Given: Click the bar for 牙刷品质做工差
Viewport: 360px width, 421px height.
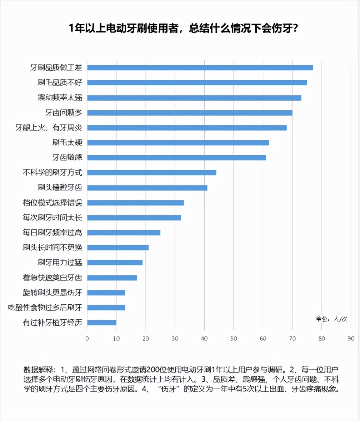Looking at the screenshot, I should pos(200,68).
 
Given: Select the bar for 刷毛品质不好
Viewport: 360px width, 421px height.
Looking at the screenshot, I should pos(197,83).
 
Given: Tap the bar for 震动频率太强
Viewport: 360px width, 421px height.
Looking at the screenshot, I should pos(194,98).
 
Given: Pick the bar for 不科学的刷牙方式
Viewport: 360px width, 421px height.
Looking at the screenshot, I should pos(152,173).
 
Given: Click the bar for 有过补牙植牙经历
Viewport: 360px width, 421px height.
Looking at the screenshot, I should pos(102,323).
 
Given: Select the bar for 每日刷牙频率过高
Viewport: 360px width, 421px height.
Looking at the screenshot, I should pos(124,233).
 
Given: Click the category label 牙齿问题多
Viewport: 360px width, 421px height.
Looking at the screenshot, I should pos(64,113).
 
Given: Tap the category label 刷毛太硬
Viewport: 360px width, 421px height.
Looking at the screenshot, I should pos(67,143).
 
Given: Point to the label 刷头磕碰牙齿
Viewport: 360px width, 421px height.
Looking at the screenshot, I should pos(60,188).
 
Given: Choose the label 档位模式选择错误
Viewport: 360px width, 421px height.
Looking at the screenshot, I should pos(52,203).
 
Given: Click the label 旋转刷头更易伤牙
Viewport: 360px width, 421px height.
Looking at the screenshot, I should pos(52,293).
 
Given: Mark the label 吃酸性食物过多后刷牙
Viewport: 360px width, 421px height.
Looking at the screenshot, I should pos(45,308).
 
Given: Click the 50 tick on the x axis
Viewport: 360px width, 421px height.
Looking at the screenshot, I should pos(234,338).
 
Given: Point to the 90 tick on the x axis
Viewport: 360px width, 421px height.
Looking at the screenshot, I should pos(351,338).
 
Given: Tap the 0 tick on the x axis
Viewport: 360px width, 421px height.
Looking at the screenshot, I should pos(87,338).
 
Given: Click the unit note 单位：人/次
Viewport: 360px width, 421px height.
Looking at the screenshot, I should pos(331,319).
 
